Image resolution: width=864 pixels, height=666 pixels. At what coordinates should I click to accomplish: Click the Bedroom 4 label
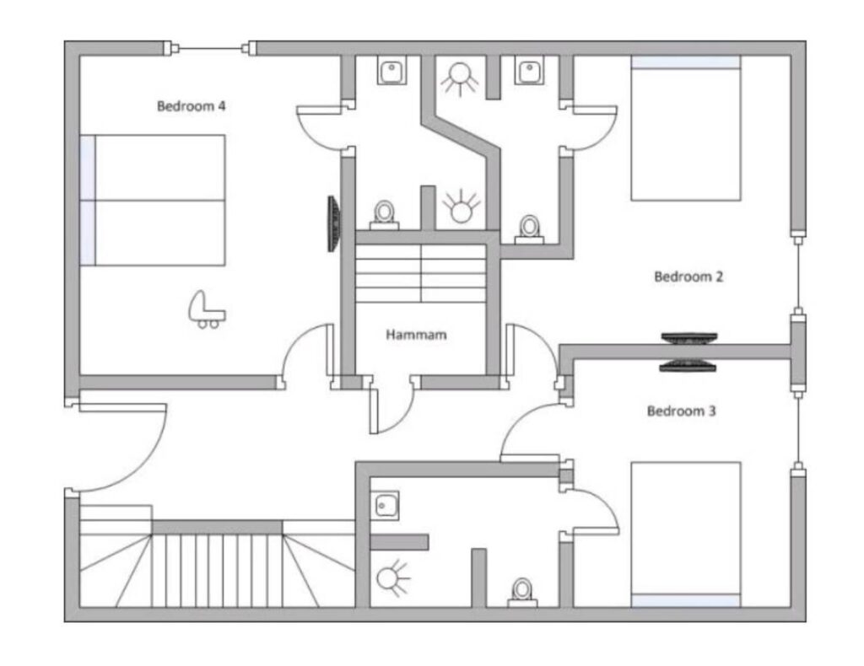point(192,105)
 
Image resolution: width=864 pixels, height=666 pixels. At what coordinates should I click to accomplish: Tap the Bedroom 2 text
point(688,277)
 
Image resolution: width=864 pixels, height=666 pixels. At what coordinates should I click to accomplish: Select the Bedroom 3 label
point(682,411)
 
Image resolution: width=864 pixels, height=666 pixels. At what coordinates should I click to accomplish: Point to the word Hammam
point(416,335)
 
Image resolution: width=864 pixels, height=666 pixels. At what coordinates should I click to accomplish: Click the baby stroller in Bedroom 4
point(206,310)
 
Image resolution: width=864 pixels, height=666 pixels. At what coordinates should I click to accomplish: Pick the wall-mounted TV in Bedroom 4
point(333,224)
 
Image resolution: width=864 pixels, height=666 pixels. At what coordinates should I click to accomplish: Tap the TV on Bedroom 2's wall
point(689,338)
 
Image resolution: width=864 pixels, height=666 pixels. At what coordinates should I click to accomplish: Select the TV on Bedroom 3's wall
point(687,366)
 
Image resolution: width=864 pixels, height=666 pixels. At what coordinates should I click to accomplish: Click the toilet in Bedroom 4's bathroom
point(384,215)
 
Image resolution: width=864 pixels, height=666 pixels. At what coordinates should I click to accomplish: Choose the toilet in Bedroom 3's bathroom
point(521,593)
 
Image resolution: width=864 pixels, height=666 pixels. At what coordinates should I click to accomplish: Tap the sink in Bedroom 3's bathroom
point(385,505)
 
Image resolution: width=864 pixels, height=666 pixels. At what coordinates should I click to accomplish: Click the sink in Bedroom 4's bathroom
point(391,71)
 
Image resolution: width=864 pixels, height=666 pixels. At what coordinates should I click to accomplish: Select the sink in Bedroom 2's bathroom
point(530,71)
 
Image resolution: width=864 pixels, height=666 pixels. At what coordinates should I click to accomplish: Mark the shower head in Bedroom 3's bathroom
point(392,579)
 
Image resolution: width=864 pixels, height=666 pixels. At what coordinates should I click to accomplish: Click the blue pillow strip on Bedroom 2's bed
point(686,62)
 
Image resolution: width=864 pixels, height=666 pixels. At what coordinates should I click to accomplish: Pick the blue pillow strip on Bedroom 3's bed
point(685,600)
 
